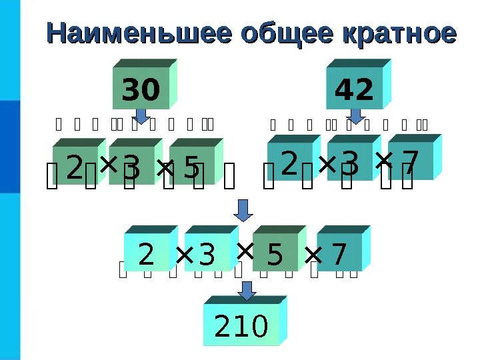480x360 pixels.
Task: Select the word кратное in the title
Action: (399, 33)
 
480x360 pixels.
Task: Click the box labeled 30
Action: (141, 89)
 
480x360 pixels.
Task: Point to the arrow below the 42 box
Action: (355, 115)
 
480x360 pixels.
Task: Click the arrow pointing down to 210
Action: (247, 291)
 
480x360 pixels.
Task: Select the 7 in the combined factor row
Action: (339, 253)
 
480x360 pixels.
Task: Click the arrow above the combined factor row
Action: (244, 209)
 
